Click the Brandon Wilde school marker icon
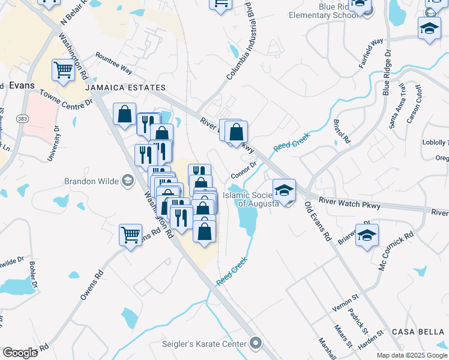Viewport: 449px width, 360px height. click(x=127, y=181)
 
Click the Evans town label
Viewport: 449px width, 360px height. click(x=22, y=86)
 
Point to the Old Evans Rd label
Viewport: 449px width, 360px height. click(x=318, y=222)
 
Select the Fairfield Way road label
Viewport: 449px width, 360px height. click(x=371, y=54)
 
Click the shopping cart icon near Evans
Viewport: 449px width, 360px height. click(x=62, y=71)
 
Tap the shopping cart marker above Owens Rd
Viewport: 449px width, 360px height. click(x=130, y=235)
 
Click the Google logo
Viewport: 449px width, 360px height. click(x=20, y=353)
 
